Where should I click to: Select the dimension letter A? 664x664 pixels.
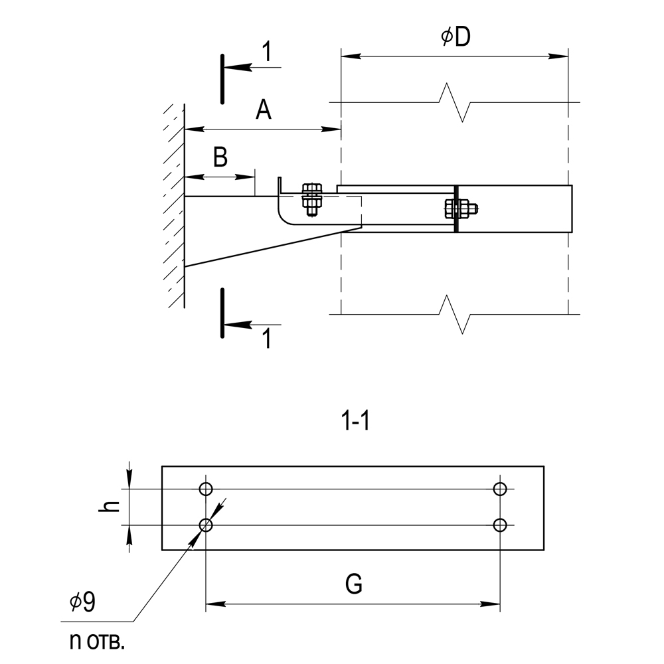click(x=264, y=110)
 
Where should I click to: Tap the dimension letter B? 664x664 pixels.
click(x=220, y=157)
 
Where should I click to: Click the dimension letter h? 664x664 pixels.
click(x=112, y=506)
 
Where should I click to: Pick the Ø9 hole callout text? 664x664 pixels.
click(x=83, y=602)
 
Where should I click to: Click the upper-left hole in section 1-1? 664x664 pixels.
click(x=205, y=489)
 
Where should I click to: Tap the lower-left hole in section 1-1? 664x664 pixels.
click(x=205, y=525)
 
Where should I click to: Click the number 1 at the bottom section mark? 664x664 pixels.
click(x=266, y=339)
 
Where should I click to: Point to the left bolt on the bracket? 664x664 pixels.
click(x=311, y=199)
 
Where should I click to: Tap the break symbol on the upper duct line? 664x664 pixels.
click(x=456, y=103)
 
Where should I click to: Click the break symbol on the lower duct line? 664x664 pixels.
click(x=456, y=313)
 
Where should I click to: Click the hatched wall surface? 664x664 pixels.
click(x=175, y=199)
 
